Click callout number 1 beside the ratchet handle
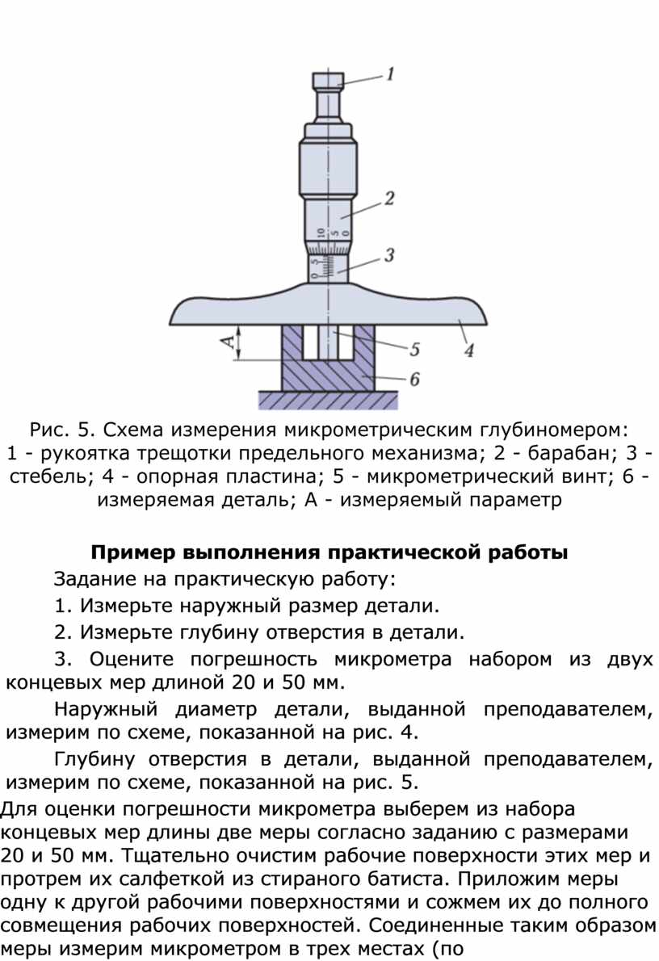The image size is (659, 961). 390,74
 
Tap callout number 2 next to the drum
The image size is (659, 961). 389,199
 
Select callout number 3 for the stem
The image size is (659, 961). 389,255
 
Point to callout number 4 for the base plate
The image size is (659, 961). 469,350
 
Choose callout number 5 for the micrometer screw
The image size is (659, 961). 415,350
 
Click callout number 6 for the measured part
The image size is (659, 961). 415,380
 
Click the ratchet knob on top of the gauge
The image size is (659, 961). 328,80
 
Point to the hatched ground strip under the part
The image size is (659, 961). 328,401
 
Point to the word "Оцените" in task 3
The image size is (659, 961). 131,659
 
